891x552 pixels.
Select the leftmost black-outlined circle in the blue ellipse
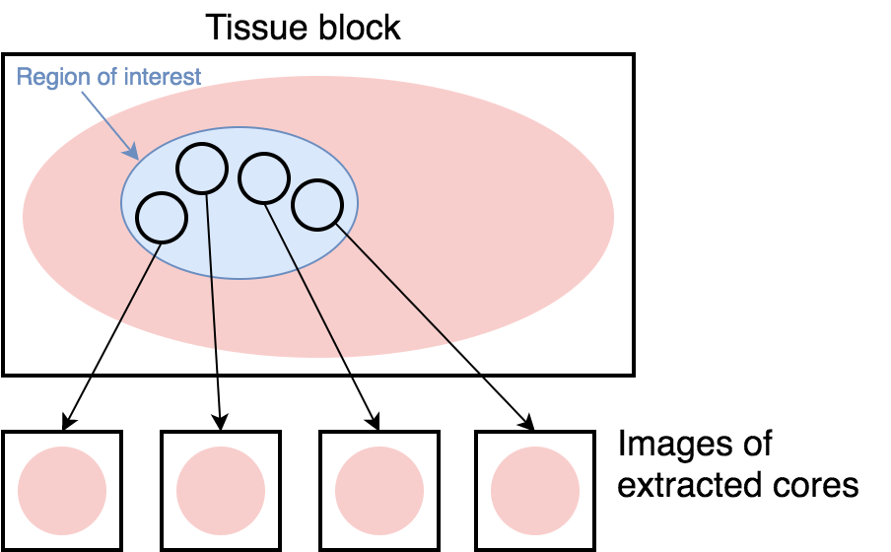coord(161,217)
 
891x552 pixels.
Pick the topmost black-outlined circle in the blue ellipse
coord(202,168)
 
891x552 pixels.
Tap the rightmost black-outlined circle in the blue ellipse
coord(317,205)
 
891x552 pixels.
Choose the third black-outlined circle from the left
coord(263,178)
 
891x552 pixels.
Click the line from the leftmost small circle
coord(140,282)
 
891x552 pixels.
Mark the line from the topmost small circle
coord(211,276)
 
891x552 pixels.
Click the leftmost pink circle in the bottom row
coord(62,491)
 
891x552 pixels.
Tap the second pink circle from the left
coord(221,491)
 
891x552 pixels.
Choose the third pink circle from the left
coord(379,491)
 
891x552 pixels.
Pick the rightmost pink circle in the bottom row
coord(535,491)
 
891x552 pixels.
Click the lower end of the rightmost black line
coord(450,342)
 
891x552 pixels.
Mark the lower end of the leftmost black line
coord(120,320)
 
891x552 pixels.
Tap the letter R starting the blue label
coord(24,77)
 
